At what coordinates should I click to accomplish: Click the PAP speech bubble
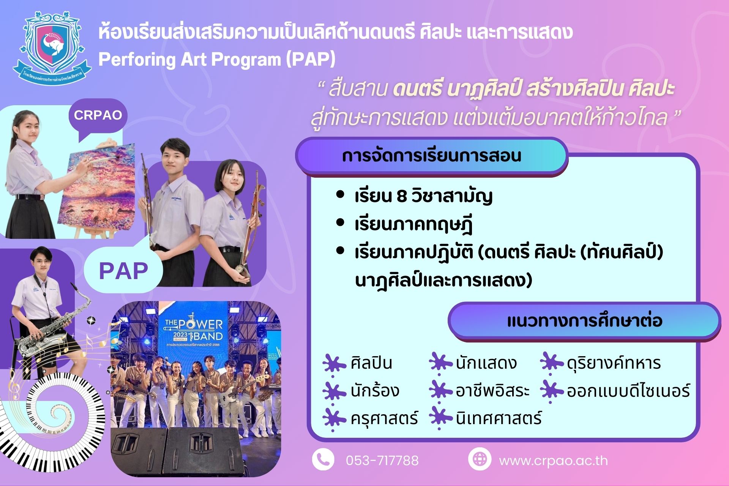point(123,270)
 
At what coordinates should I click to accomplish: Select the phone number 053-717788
point(382,461)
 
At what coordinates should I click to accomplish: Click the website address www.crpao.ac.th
point(553,461)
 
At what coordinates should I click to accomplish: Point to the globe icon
point(480,459)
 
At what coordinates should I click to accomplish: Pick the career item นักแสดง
point(486,363)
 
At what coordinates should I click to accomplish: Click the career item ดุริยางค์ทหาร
point(614,363)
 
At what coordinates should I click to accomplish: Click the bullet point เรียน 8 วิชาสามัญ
point(423,197)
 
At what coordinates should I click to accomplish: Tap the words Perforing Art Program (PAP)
point(217,59)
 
